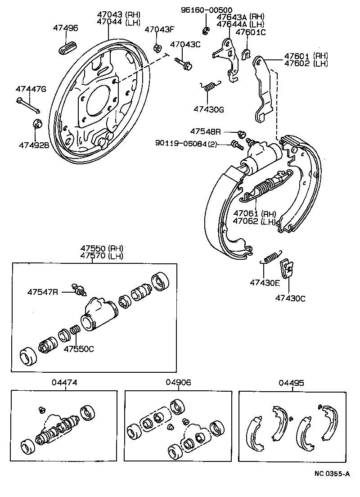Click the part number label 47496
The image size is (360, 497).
[65, 28]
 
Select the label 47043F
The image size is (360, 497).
[158, 30]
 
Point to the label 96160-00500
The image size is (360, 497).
[207, 10]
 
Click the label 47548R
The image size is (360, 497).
[205, 131]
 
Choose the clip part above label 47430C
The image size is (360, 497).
[286, 269]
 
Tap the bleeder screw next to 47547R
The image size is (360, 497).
[79, 290]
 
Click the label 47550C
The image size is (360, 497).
[79, 348]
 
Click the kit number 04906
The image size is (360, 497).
[179, 382]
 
